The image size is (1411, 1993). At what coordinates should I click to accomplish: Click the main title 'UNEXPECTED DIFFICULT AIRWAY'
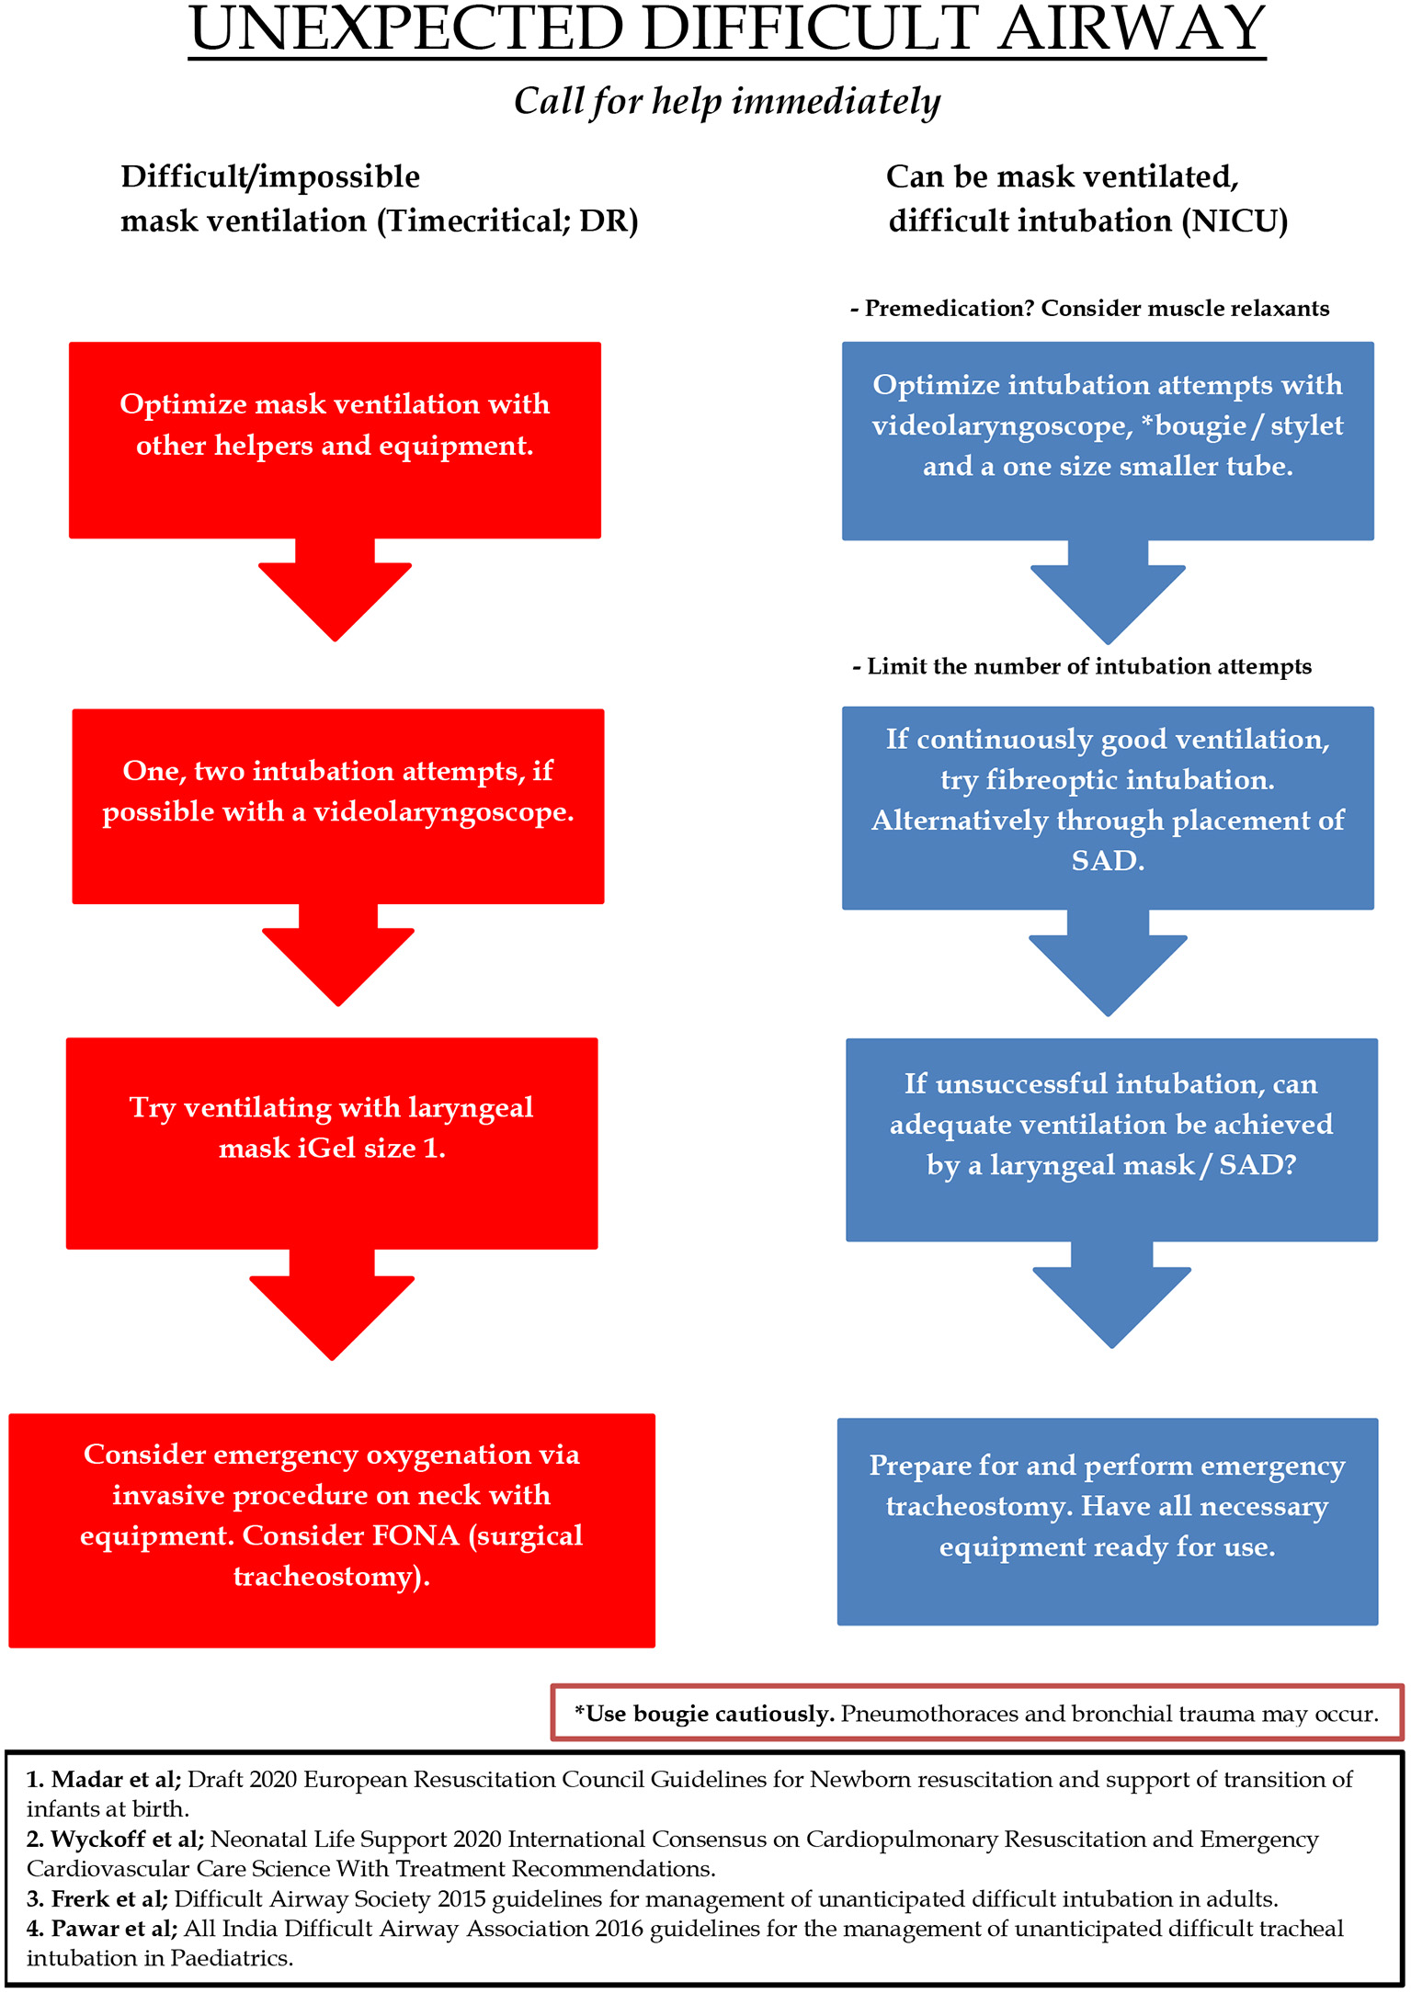(727, 29)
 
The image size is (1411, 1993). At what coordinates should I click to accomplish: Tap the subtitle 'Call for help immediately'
(727, 101)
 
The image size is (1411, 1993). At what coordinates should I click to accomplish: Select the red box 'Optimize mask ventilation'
(335, 439)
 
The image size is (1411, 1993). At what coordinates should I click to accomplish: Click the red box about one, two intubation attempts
(338, 805)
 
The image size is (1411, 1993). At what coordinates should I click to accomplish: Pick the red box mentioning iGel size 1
(332, 1142)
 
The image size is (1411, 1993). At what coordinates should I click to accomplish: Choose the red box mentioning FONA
(332, 1530)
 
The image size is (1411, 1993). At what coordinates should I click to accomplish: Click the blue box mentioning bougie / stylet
(1108, 440)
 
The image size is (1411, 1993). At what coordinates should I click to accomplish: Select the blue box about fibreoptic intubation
(1108, 807)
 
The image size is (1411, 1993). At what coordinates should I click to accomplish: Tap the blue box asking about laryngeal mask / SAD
(1111, 1139)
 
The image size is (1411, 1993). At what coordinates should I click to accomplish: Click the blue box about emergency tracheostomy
(1108, 1521)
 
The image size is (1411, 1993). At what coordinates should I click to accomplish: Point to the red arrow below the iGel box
(332, 1305)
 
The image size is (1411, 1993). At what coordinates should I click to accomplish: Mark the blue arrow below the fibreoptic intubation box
(1108, 965)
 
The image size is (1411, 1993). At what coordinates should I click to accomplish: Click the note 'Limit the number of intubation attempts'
(1082, 666)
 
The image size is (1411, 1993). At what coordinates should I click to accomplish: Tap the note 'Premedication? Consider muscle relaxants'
(1090, 308)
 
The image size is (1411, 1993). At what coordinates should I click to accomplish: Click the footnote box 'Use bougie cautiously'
(977, 1714)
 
